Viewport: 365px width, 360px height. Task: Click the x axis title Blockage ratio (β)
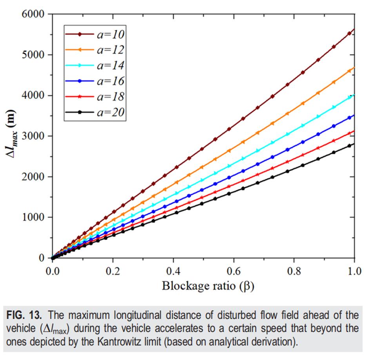(x=208, y=286)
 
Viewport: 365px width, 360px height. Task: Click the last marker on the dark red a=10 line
(x=349, y=34)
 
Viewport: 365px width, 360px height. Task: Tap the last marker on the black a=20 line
(x=349, y=146)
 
